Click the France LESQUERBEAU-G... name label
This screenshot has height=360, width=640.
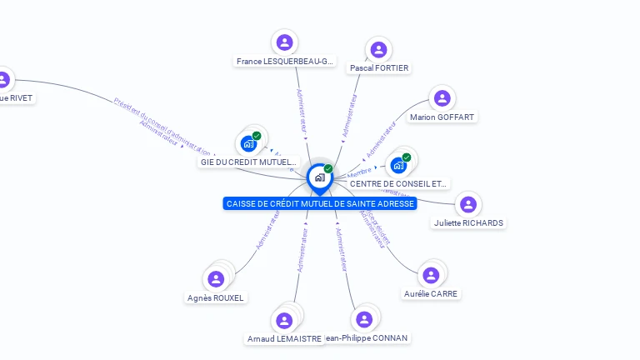(x=285, y=62)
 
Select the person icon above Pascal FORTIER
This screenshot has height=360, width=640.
(x=378, y=49)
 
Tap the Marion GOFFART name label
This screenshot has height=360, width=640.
(x=442, y=117)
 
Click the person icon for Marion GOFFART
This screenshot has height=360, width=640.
(x=442, y=98)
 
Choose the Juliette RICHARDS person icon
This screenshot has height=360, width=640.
(x=468, y=204)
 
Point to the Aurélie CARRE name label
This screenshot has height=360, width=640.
(x=431, y=293)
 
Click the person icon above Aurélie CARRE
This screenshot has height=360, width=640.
(x=431, y=275)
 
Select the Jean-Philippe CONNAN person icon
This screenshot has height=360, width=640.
(x=364, y=319)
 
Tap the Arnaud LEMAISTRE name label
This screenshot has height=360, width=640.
(x=284, y=339)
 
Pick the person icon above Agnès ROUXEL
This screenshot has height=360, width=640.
(x=217, y=279)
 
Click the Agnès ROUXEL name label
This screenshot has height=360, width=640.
(x=216, y=297)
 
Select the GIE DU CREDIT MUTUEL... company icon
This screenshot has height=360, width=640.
(x=248, y=143)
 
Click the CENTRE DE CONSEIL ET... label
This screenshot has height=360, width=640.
(x=398, y=183)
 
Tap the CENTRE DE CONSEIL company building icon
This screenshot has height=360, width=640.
(x=398, y=165)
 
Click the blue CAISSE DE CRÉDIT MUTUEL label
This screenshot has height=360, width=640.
(x=320, y=203)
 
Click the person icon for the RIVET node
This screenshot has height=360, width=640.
(x=3, y=80)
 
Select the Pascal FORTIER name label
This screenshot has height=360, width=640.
(x=379, y=67)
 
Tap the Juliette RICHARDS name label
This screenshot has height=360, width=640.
(x=469, y=223)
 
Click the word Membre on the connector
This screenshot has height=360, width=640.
(x=360, y=172)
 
